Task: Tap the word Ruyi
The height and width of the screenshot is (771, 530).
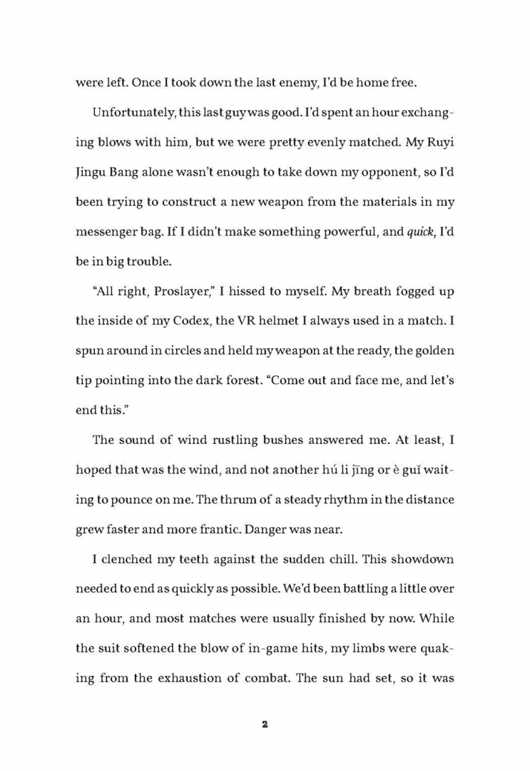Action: point(440,142)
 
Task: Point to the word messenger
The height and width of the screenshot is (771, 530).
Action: point(109,231)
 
